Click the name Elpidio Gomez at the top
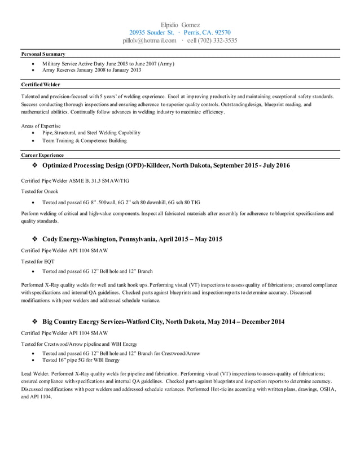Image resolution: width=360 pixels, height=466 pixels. [180, 25]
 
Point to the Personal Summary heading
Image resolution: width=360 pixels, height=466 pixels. [43, 54]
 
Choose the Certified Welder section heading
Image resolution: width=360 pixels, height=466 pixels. [40, 85]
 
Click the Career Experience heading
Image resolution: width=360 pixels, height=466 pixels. [42, 155]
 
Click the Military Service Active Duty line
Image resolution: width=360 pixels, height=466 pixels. [108, 64]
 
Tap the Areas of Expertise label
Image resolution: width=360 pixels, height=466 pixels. [41, 126]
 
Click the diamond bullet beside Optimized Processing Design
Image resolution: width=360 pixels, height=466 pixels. [35, 166]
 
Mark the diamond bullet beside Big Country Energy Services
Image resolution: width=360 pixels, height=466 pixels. [35, 322]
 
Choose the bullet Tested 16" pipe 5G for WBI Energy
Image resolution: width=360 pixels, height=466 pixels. [81, 360]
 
